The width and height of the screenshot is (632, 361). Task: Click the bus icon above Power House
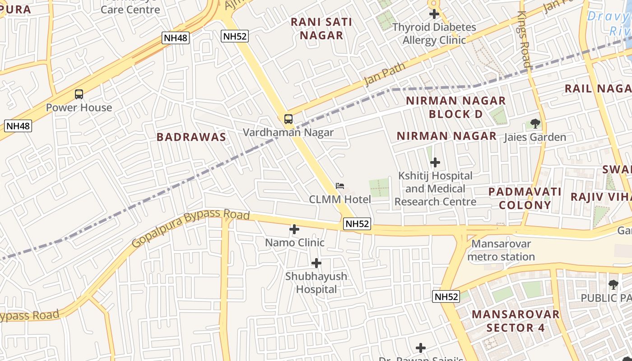pos(79,94)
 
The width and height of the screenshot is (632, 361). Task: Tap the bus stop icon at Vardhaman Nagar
pos(288,119)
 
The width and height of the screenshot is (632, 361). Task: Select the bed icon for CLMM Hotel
pos(340,186)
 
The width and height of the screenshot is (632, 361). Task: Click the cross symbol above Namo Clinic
pos(294,229)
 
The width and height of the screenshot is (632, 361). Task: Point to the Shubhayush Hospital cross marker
pos(316,263)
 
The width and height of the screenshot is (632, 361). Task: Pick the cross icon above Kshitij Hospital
pos(435,162)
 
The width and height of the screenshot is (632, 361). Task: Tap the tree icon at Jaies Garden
pos(535,124)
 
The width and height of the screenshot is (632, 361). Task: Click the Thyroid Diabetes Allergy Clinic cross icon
pos(434,14)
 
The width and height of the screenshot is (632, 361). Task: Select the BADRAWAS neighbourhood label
pos(191,137)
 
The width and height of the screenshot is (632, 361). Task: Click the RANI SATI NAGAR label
pos(321,28)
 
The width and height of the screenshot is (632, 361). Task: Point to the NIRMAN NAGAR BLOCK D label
pos(455,107)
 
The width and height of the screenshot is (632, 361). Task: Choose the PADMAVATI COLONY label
pos(525,198)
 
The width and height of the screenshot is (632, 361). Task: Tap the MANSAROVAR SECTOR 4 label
pos(516,321)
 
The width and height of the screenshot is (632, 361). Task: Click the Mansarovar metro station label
pos(501,250)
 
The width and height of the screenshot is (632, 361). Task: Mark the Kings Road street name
pos(524,39)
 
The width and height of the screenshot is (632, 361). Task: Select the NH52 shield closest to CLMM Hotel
pos(357,223)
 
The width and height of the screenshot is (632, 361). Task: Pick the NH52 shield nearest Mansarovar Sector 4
pos(446,296)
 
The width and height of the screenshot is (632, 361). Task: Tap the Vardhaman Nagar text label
pos(288,132)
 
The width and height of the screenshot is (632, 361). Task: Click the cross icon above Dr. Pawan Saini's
pos(421,348)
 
